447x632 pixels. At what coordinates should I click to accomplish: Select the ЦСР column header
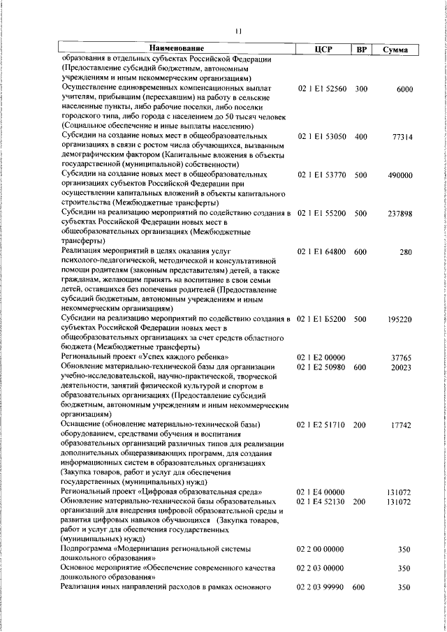322,49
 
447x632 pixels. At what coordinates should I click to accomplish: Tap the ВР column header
360,49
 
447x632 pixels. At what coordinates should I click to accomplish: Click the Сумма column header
395,50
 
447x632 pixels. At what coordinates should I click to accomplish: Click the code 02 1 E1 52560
322,89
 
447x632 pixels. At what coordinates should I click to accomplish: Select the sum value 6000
404,89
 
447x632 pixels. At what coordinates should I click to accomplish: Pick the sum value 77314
401,137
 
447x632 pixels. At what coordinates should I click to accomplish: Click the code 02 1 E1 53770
322,175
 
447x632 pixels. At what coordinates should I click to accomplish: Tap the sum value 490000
399,176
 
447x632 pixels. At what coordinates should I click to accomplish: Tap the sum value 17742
401,425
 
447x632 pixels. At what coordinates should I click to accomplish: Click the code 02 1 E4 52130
322,501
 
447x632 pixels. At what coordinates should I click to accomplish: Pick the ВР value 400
360,137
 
